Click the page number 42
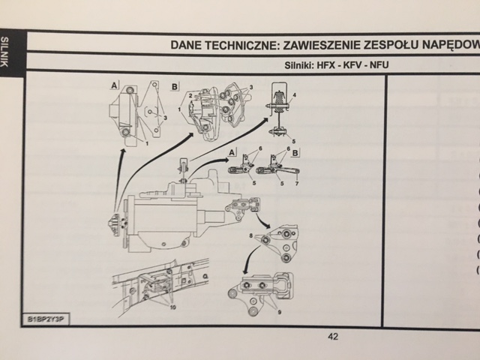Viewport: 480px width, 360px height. (x=333, y=336)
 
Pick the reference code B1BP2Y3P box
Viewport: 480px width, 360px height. (x=46, y=319)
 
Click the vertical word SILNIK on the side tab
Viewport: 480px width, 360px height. (x=7, y=52)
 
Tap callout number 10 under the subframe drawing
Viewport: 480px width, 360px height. (x=173, y=307)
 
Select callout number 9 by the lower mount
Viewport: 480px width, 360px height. (x=279, y=311)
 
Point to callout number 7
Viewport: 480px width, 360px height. (x=296, y=183)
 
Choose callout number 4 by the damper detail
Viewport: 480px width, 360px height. (x=294, y=95)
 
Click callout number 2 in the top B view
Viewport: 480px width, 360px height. (x=191, y=95)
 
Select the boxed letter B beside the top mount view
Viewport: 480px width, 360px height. (x=175, y=87)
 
